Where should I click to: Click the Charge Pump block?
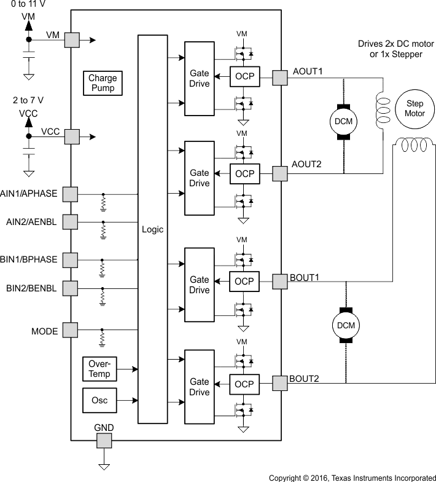pyautogui.click(x=102, y=83)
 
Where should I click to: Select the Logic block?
pyautogui.click(x=152, y=229)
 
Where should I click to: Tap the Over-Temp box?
pyautogui.click(x=99, y=369)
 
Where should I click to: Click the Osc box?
pyautogui.click(x=99, y=400)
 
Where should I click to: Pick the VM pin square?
pyautogui.click(x=71, y=40)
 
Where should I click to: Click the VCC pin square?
pyautogui.click(x=71, y=136)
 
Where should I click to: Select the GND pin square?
pyautogui.click(x=104, y=440)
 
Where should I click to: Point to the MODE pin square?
pyautogui.click(x=71, y=331)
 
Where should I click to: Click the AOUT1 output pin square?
pyautogui.click(x=281, y=77)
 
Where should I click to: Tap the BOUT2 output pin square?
pyautogui.click(x=281, y=382)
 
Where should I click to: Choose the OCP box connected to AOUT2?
pyautogui.click(x=244, y=174)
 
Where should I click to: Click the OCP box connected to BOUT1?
pyautogui.click(x=244, y=281)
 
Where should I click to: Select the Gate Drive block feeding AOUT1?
pyautogui.click(x=200, y=78)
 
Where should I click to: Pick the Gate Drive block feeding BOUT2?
pyautogui.click(x=200, y=387)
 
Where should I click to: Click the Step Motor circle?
pyautogui.click(x=415, y=108)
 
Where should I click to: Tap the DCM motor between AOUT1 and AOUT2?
pyautogui.click(x=343, y=121)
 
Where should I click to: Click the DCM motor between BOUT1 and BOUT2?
pyautogui.click(x=343, y=324)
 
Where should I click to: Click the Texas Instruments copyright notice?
pyautogui.click(x=352, y=477)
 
